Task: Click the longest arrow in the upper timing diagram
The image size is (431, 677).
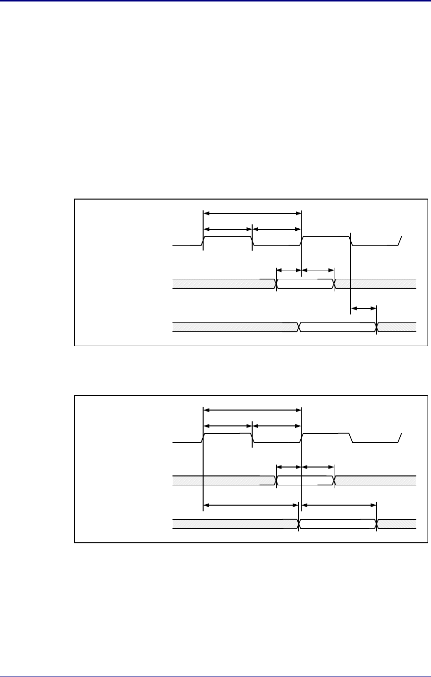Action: pyautogui.click(x=252, y=213)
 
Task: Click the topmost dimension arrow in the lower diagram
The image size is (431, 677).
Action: pyautogui.click(x=252, y=410)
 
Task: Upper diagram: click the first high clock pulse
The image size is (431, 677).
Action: pyautogui.click(x=227, y=237)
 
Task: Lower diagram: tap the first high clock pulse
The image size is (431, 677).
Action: pyautogui.click(x=227, y=433)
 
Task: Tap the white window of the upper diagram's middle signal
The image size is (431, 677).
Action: pyautogui.click(x=305, y=283)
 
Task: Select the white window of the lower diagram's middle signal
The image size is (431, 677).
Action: pyautogui.click(x=305, y=480)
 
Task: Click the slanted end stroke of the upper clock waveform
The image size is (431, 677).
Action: pyautogui.click(x=400, y=241)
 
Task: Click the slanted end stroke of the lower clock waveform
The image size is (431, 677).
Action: pyautogui.click(x=400, y=438)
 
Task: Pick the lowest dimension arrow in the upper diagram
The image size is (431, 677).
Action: pyautogui.click(x=364, y=309)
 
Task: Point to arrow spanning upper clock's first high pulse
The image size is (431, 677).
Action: pyautogui.click(x=227, y=229)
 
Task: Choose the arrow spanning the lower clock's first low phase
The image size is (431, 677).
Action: pyautogui.click(x=276, y=425)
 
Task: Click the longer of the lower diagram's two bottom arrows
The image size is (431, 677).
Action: pyautogui.click(x=251, y=505)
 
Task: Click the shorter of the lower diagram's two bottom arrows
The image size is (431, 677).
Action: pyautogui.click(x=339, y=505)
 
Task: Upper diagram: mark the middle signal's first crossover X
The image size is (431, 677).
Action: pyautogui.click(x=276, y=283)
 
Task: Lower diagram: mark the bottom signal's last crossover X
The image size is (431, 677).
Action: pyautogui.click(x=377, y=523)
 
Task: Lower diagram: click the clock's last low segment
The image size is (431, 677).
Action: pyautogui.click(x=375, y=442)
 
